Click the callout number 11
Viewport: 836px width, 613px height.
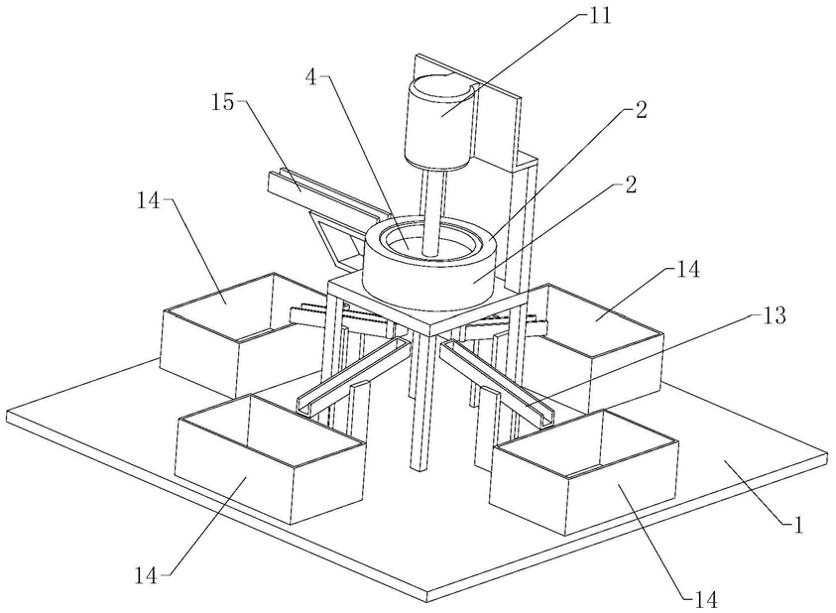point(601,16)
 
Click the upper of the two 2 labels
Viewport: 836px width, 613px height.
point(641,112)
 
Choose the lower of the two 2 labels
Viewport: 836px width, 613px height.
point(641,184)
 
